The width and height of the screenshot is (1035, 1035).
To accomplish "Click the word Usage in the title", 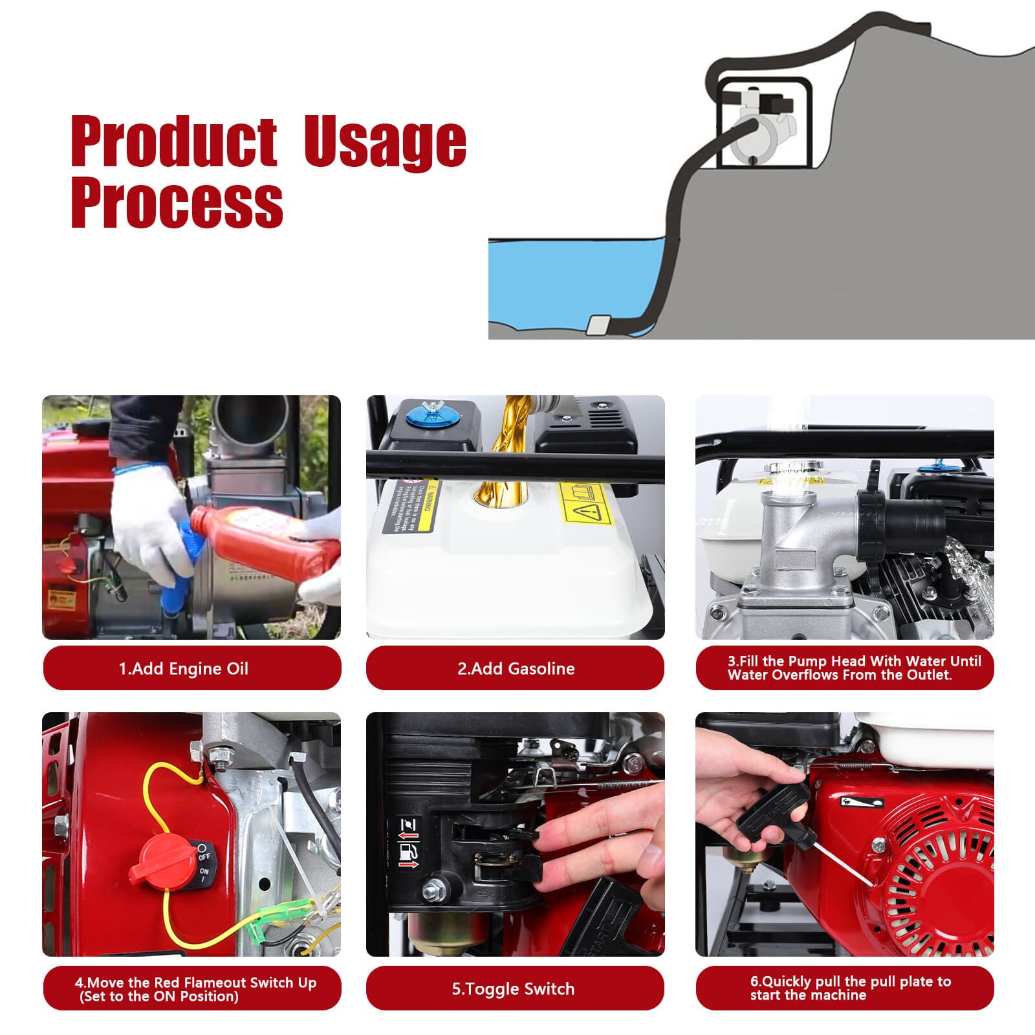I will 386,141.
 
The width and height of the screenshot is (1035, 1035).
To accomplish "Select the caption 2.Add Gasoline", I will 515,668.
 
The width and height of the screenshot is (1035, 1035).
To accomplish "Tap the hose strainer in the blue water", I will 599,325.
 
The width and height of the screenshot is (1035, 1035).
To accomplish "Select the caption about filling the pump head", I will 845,668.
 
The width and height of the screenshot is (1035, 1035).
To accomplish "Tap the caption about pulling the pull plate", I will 845,988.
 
